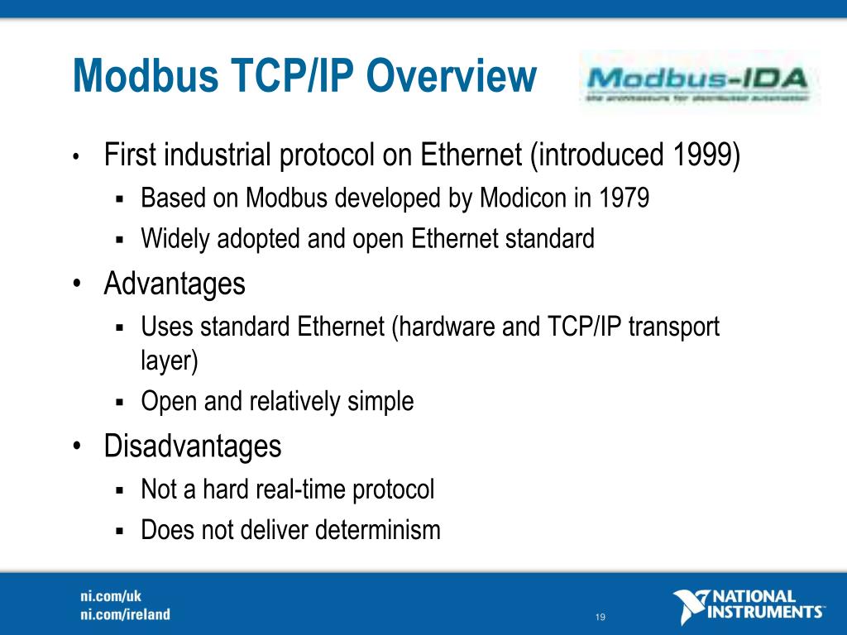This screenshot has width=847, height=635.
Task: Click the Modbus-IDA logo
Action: (x=700, y=83)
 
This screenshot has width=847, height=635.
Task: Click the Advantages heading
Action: (x=175, y=284)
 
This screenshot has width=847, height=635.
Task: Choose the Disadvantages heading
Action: (x=193, y=446)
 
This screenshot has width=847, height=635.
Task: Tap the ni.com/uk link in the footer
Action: (x=105, y=596)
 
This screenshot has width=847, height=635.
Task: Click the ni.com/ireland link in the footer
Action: (x=125, y=614)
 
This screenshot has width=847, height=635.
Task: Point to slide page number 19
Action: (x=601, y=618)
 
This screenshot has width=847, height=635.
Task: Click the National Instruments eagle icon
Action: (x=690, y=605)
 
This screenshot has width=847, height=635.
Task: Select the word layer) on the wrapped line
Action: (x=170, y=361)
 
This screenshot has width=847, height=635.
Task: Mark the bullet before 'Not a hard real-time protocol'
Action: (x=119, y=490)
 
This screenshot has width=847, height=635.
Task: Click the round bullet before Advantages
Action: (x=76, y=284)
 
